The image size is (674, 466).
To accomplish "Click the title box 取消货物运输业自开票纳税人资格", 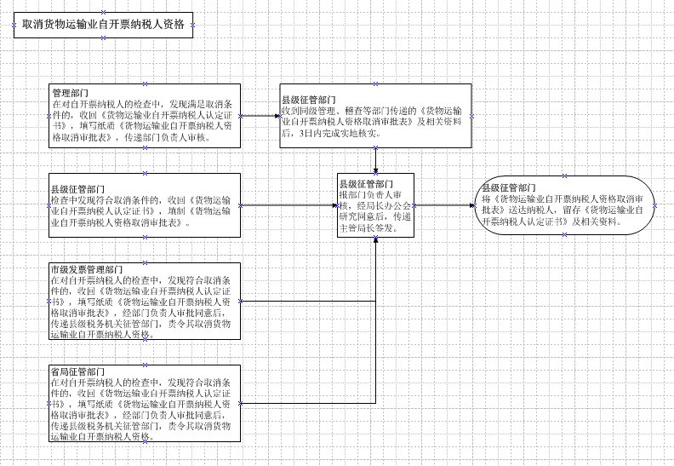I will pos(103,25).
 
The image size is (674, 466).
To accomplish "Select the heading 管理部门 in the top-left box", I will pos(69,93).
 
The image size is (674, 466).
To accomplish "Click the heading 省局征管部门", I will pos(77,373).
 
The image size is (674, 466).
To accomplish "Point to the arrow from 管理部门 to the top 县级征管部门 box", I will pos(260,115).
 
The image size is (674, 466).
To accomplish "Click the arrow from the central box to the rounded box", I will pos(445,204).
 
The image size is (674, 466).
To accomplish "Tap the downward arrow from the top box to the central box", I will pos(376,159).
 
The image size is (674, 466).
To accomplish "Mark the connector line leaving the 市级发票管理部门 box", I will pos(306,301).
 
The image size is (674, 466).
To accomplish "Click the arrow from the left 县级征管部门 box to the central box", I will pos(289,205).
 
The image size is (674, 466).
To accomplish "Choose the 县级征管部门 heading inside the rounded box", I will pos(510,187).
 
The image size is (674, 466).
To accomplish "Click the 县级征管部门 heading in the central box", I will pos(366,184).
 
